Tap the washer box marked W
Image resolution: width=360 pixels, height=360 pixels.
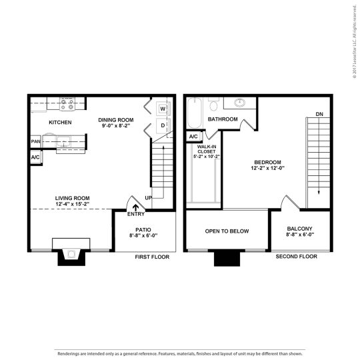click(162, 109)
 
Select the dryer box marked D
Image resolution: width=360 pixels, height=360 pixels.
click(162, 125)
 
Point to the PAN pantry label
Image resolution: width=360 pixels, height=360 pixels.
click(35, 141)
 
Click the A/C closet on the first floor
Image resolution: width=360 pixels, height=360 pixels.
click(35, 157)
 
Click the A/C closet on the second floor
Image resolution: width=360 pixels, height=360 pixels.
click(193, 137)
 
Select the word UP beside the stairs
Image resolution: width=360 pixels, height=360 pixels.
click(149, 198)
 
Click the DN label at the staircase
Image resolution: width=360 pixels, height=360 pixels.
click(319, 113)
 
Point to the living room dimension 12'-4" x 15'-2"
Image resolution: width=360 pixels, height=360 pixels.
click(72, 204)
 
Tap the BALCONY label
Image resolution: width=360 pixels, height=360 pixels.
click(299, 228)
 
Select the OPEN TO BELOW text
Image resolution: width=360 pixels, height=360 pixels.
click(227, 231)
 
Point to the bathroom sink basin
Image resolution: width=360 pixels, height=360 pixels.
click(238, 103)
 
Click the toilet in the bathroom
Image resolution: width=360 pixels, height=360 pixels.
click(213, 105)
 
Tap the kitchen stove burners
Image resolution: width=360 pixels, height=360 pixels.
click(67, 103)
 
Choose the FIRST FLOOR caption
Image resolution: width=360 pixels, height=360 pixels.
click(152, 257)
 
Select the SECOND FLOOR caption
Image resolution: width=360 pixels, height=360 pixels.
click(296, 257)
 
